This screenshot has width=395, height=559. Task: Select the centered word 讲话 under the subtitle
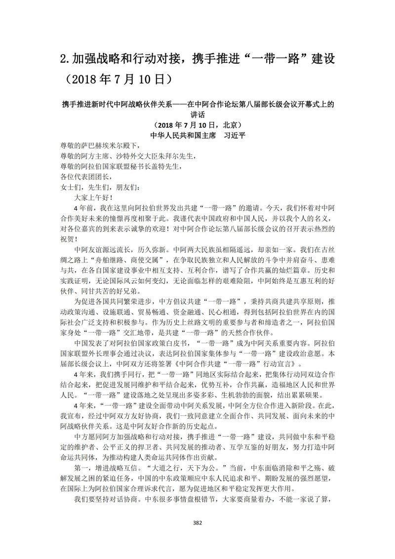pyautogui.click(x=197, y=114)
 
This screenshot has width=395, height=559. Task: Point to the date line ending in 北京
pyautogui.click(x=197, y=124)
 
